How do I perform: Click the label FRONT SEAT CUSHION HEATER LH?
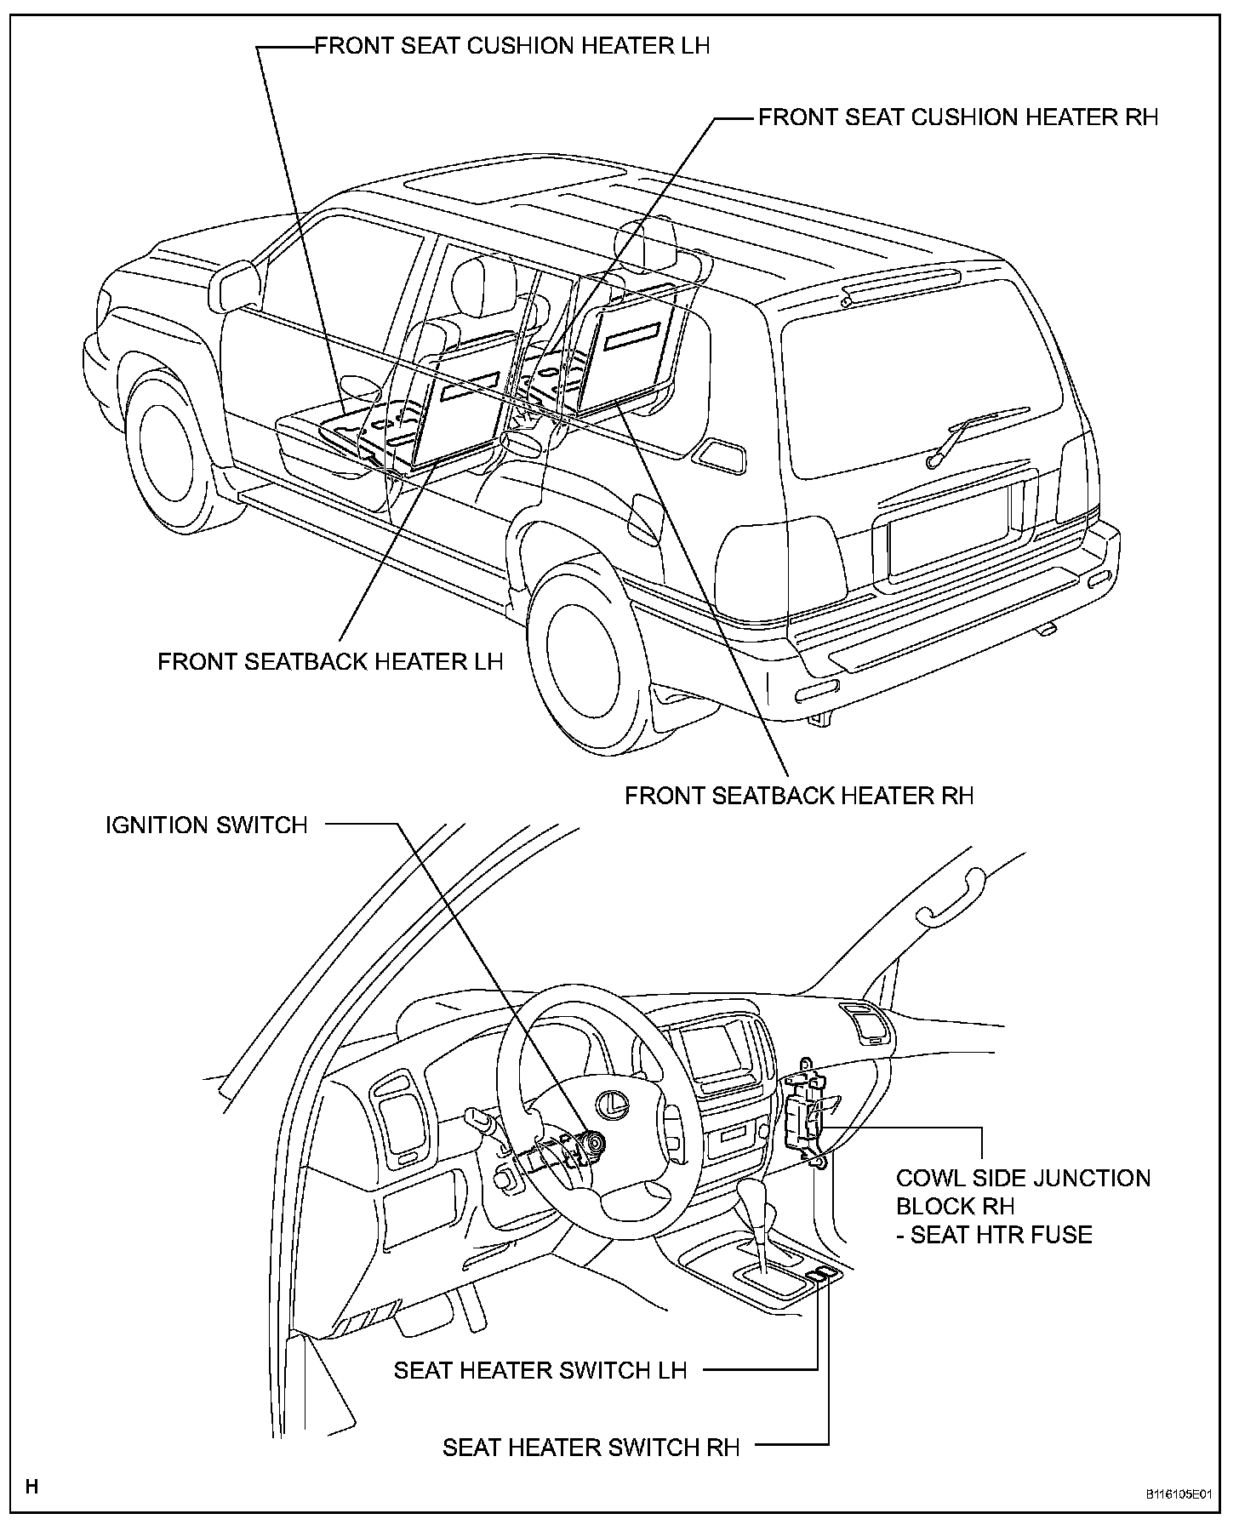pos(512,45)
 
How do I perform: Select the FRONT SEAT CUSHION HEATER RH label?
pos(958,117)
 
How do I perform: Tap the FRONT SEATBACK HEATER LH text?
pos(330,661)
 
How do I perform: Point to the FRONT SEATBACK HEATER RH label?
pos(799,796)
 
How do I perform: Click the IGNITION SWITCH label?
pos(206,825)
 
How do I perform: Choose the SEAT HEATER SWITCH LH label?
pos(540,1371)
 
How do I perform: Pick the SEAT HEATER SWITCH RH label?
pos(591,1448)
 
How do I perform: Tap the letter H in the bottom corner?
pos(32,1488)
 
